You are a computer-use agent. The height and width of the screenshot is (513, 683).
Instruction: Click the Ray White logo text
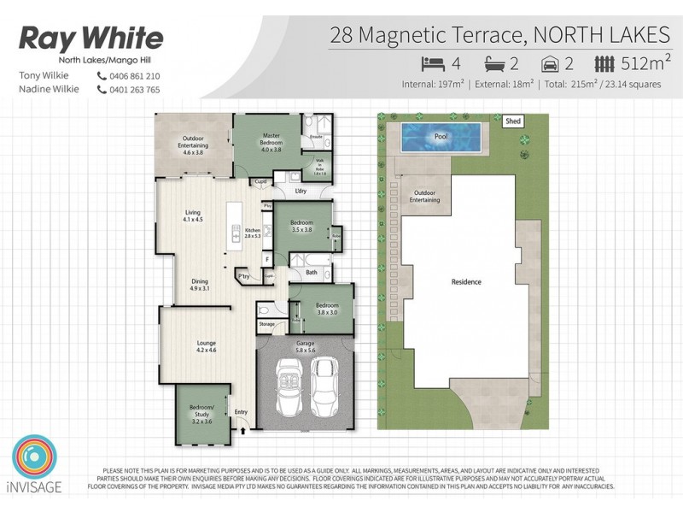[90, 38]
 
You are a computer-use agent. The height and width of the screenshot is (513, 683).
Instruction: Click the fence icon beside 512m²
[604, 62]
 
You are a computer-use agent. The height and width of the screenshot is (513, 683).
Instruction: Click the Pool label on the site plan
[441, 136]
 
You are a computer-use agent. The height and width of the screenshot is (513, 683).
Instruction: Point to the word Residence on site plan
[466, 281]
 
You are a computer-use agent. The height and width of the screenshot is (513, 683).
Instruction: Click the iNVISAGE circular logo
[33, 459]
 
